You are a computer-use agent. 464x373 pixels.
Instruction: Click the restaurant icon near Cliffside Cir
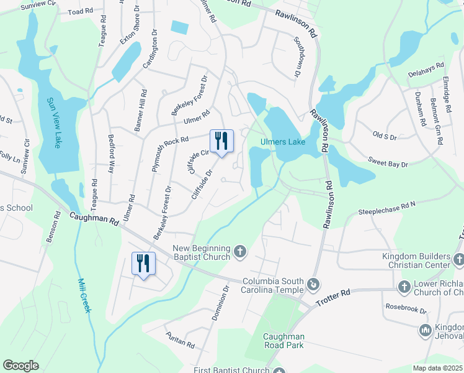pyautogui.click(x=221, y=141)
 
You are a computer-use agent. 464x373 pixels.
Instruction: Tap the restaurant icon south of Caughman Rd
pyautogui.click(x=143, y=264)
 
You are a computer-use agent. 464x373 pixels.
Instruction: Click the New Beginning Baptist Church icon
pyautogui.click(x=241, y=252)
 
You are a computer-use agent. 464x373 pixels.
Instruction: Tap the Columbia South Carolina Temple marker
pyautogui.click(x=314, y=284)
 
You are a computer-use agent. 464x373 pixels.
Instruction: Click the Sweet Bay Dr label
pyautogui.click(x=388, y=163)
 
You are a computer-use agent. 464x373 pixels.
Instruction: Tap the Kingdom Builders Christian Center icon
pyautogui.click(x=458, y=259)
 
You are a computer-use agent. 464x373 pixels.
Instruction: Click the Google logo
pyautogui.click(x=21, y=366)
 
